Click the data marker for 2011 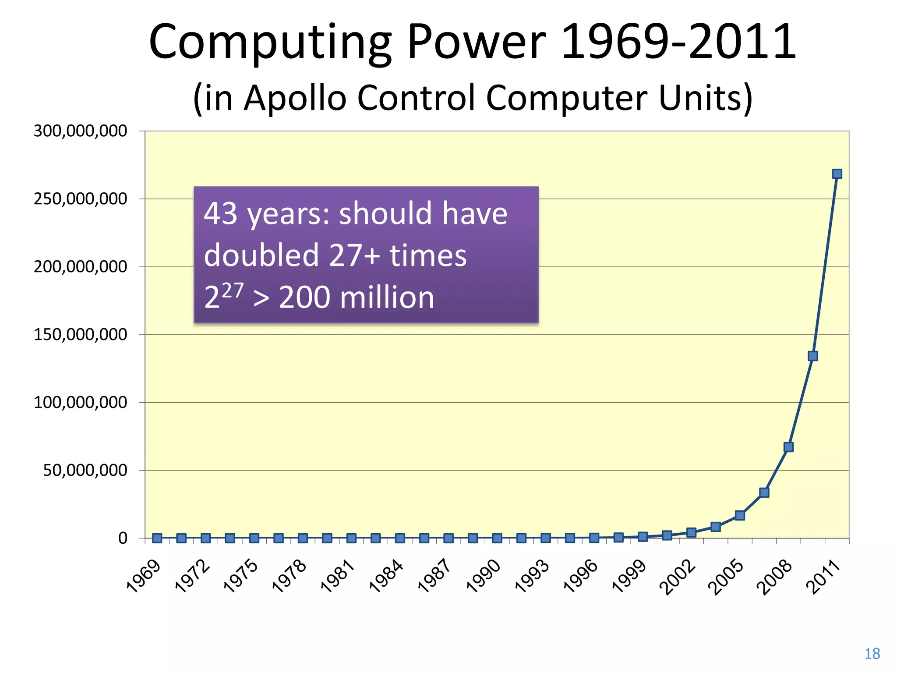pos(837,174)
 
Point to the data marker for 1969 pos(157,538)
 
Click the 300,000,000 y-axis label pos(80,131)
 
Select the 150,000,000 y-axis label pos(80,335)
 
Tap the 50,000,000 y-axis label pos(85,471)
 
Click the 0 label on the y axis pos(123,538)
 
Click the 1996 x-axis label pos(581,576)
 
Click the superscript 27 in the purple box pos(233,290)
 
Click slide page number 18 pos(872,654)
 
